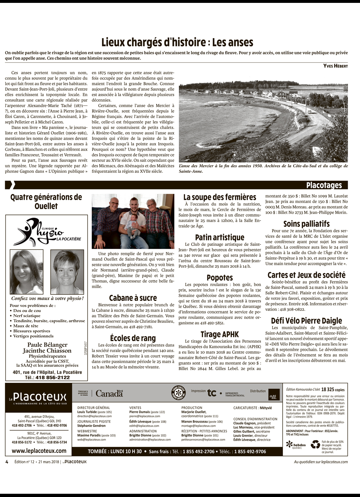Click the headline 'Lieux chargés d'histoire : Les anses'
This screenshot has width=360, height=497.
point(177,42)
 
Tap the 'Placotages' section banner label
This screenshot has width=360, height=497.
point(324,185)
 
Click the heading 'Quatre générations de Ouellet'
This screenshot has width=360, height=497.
point(46,202)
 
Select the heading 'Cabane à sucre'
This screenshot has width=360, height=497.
point(133,298)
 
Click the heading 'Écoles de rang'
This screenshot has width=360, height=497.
point(133,338)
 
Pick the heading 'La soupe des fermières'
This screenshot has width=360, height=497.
point(220,197)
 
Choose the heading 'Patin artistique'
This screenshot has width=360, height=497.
point(220,237)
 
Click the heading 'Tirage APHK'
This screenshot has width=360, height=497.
point(220,334)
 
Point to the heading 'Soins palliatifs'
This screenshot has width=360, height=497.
point(306,224)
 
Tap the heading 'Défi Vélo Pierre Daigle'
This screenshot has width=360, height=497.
point(306,321)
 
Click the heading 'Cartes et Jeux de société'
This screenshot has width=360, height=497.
point(306,275)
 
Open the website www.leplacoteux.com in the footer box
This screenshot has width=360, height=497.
point(39,451)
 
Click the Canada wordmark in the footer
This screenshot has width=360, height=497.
point(109,393)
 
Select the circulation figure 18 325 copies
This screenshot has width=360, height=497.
point(333,389)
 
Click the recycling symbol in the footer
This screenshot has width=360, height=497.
point(315,444)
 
